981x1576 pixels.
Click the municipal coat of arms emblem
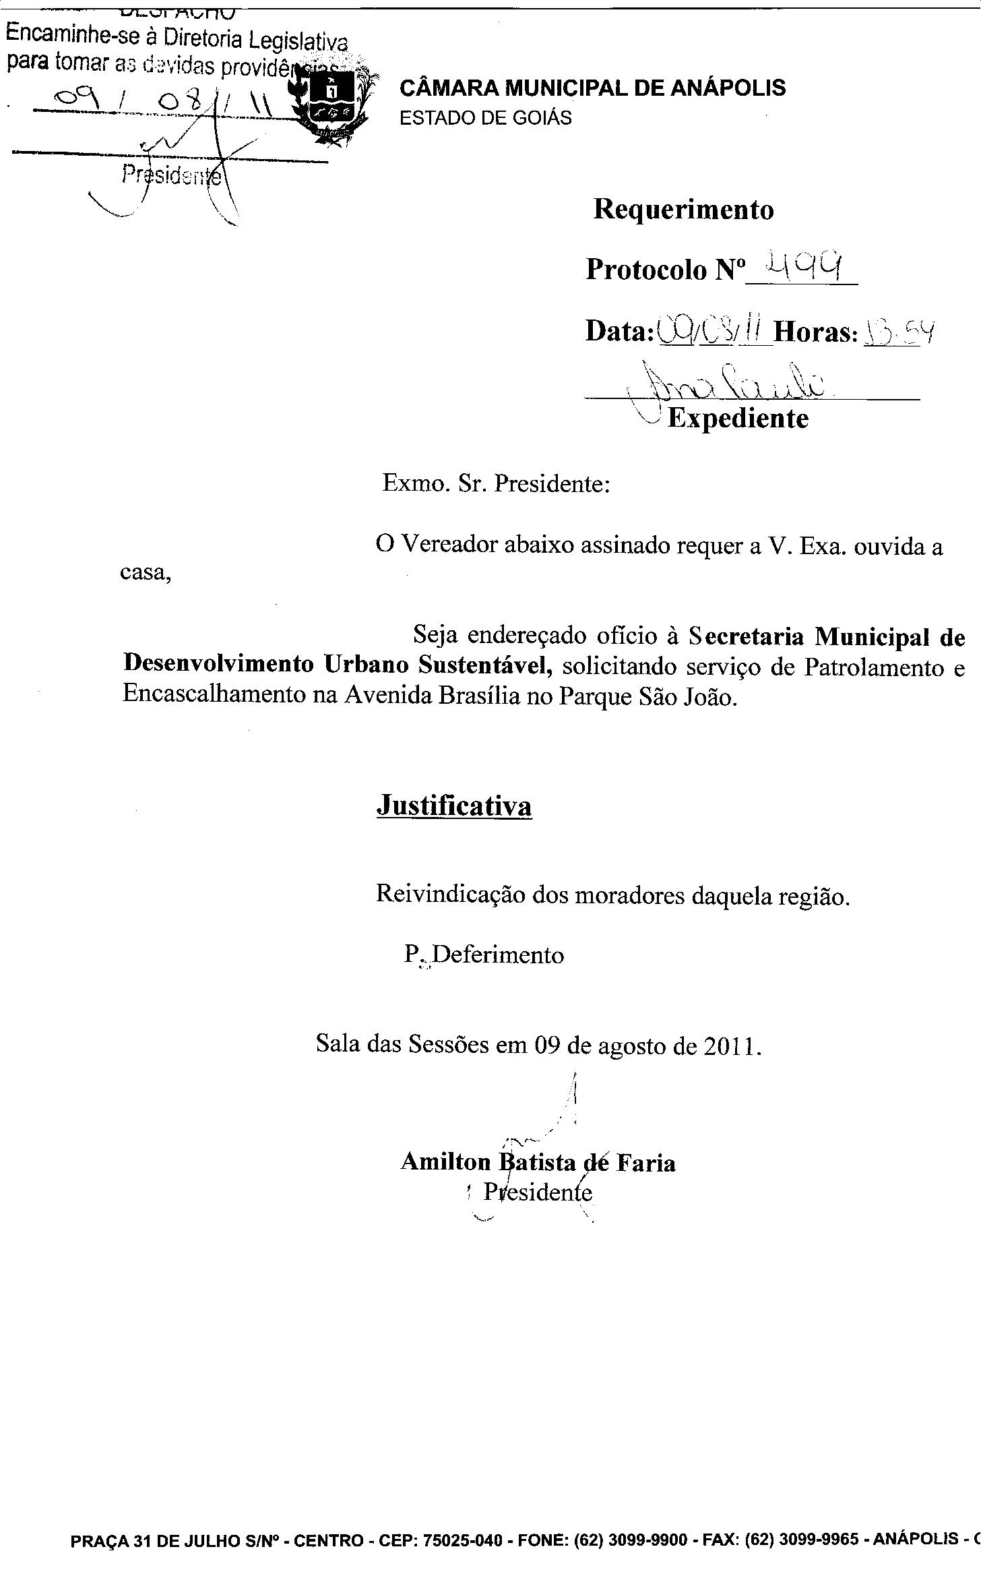click(x=329, y=104)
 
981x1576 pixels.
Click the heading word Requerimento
click(x=683, y=210)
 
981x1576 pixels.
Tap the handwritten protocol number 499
click(x=802, y=269)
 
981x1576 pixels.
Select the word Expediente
click(x=738, y=419)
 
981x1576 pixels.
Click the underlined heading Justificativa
click(x=454, y=806)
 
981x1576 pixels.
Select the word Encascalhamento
click(x=214, y=695)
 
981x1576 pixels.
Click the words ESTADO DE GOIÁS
click(x=485, y=118)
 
